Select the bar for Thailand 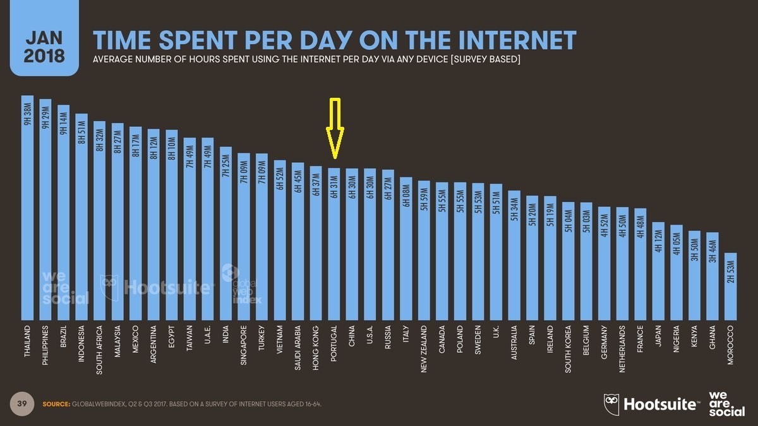coord(27,208)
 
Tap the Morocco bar coord(730,287)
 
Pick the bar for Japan coord(658,271)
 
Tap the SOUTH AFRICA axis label coord(99,351)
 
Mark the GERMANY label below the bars coord(605,343)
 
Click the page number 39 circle coord(20,403)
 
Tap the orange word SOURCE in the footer coord(56,404)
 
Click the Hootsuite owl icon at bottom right coord(611,402)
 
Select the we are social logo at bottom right coord(726,403)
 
